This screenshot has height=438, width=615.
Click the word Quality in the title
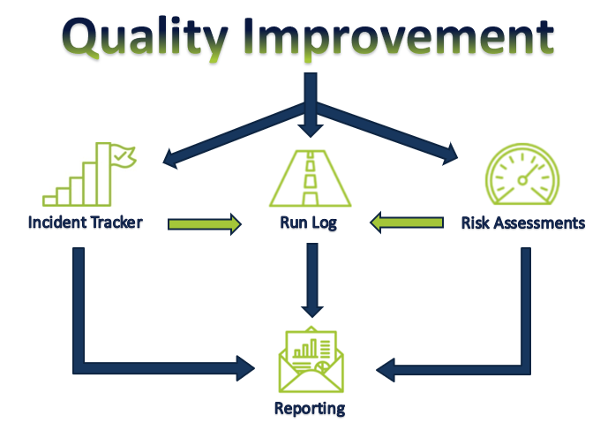coord(145,39)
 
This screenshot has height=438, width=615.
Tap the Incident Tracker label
coord(85,223)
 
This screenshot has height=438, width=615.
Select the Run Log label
coord(308,223)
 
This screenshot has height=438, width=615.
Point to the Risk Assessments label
coord(523,223)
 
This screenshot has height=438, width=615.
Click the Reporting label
coord(310,409)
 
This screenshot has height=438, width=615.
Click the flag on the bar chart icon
coord(123,156)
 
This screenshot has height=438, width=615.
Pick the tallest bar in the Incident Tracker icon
coord(103,174)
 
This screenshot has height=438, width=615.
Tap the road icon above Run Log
coord(310,178)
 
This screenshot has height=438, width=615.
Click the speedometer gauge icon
coord(522,174)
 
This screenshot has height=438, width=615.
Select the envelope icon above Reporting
coord(311,359)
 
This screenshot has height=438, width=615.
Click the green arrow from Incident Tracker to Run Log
coord(205,224)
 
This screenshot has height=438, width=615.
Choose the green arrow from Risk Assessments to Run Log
coord(407,223)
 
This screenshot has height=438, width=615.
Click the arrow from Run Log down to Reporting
coord(312,280)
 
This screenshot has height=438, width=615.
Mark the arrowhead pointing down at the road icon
coord(311,131)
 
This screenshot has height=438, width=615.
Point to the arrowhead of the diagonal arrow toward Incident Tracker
coord(170,159)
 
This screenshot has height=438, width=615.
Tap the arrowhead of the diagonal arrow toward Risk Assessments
coord(450,155)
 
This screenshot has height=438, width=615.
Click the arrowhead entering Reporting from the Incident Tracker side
coord(245,368)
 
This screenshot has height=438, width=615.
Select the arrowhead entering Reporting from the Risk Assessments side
coord(386,370)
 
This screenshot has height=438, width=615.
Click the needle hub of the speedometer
coord(522,180)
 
